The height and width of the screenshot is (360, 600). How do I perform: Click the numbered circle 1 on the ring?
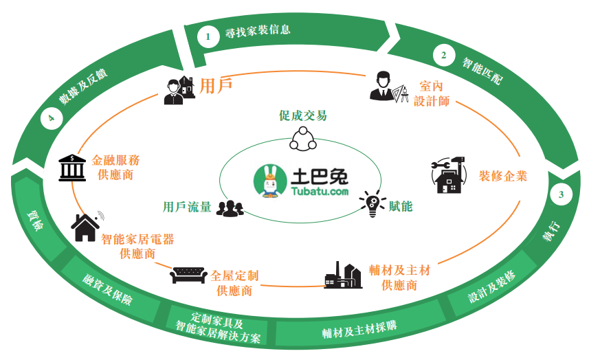click(x=207, y=36)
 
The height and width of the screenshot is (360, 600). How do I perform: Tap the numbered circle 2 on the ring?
click(x=444, y=54)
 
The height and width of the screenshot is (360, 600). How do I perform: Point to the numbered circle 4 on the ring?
click(x=51, y=120)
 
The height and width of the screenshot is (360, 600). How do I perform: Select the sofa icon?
click(x=188, y=274)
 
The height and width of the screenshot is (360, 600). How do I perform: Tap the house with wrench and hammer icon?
click(x=449, y=177)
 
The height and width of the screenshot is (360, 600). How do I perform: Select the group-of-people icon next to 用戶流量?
click(x=230, y=207)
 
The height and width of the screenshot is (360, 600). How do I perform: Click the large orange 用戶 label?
click(x=215, y=86)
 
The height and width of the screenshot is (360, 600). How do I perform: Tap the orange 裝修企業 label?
click(x=503, y=176)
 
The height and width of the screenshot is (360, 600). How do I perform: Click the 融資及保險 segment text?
click(x=108, y=290)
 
